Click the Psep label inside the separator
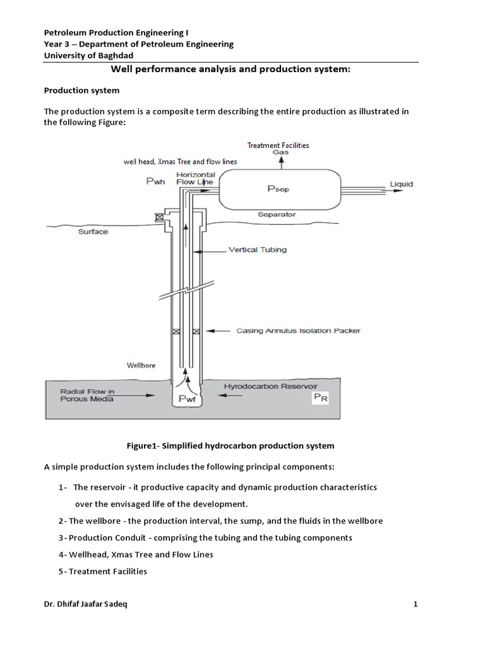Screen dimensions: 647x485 pos(278,188)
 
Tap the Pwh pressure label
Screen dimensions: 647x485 pos(156,181)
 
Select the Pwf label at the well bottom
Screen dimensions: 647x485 pos(188,399)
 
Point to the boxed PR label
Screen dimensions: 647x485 pos(321,397)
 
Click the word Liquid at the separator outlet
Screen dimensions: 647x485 pos(401,184)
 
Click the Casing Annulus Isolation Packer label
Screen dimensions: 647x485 pos(298,330)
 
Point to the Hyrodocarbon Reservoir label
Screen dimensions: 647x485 pos(270,385)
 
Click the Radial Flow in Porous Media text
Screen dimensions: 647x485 pos(88,396)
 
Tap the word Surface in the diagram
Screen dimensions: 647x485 pos(93,232)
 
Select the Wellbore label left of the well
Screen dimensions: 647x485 pos(141,365)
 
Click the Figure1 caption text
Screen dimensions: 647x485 pos(230,446)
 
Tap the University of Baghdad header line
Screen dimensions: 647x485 pos(88,56)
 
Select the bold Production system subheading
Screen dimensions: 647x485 pos(81,90)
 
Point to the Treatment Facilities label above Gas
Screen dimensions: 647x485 pos(278,145)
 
